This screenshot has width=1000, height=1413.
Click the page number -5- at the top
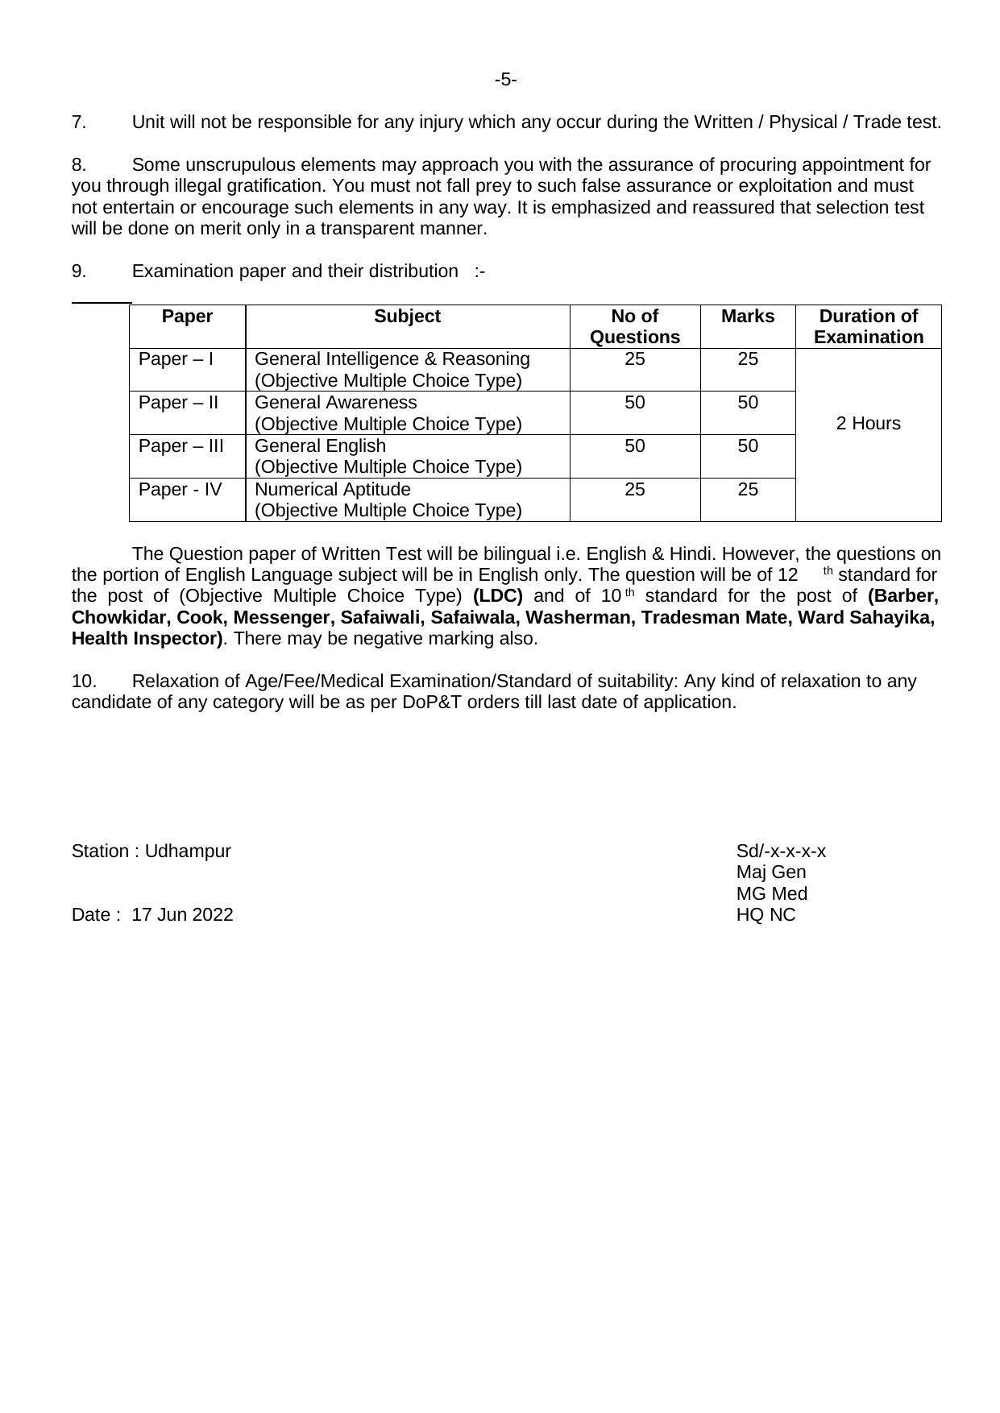pos(505,80)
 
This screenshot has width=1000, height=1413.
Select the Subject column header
pos(407,317)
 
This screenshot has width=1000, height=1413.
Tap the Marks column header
pos(748,317)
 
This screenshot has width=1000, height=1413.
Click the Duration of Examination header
pos(868,326)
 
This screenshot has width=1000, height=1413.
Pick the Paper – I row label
pos(176,359)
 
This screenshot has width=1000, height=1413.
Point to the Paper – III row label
pos(180,446)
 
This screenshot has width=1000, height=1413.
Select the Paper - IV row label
pos(180,490)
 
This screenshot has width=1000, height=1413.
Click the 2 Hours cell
pos(868,424)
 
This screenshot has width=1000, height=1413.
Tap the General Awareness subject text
pos(335,403)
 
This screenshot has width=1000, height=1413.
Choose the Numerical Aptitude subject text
pos(332,490)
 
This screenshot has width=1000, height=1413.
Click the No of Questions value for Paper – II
pos(634,403)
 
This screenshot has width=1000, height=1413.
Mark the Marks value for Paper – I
pos(748,359)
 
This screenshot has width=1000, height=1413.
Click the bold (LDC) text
pos(498,596)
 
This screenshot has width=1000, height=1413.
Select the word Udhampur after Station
pos(188,852)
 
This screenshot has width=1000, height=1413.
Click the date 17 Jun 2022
pos(182,915)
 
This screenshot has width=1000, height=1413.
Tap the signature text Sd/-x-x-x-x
pos(781,852)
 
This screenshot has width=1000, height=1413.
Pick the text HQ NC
pos(766,915)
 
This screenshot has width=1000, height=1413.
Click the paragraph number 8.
pos(79,165)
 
